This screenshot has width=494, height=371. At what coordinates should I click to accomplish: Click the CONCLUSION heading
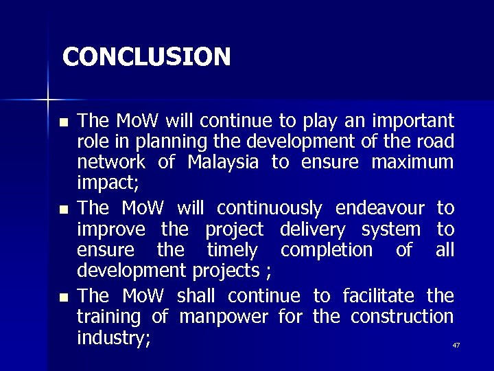point(146,56)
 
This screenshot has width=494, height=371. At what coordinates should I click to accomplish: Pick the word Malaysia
point(222,163)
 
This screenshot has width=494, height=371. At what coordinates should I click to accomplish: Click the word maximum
point(412,163)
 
